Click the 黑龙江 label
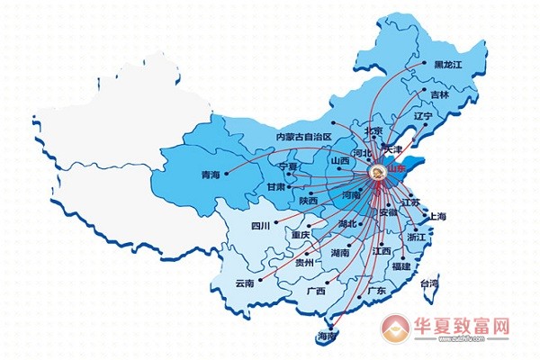coord(446,65)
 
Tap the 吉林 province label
coord(439,94)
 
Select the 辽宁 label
coord(423,117)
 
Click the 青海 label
coord(209,175)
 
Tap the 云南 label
coord(245,283)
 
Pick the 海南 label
coord(327,336)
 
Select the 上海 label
coord(439,217)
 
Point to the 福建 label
coord(400,266)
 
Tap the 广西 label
coord(315,291)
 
